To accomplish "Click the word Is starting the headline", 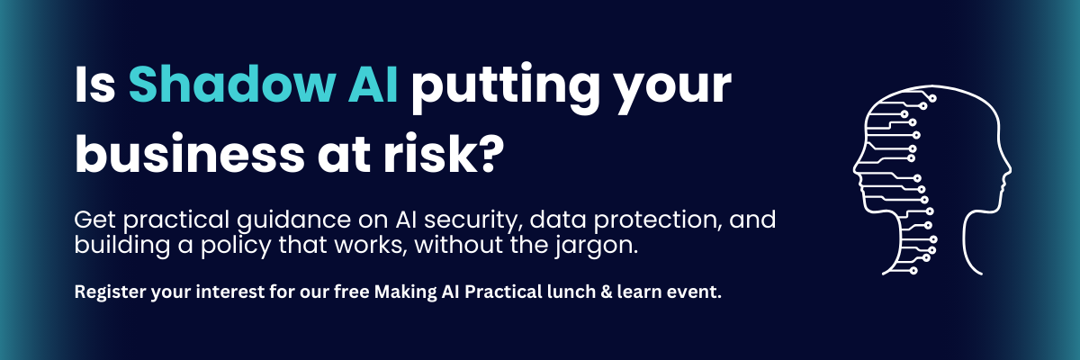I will coord(93,87).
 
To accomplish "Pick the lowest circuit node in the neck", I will coord(913,271).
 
